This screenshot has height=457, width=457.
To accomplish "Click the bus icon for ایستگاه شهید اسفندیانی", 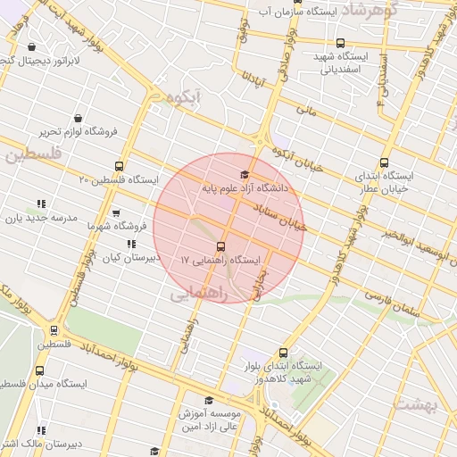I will [339, 42].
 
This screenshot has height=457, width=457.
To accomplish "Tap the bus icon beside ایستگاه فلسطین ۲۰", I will [120, 166].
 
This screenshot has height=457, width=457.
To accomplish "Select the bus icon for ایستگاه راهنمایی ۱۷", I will [220, 246].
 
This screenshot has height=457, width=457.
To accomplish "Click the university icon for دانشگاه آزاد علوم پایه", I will [245, 174].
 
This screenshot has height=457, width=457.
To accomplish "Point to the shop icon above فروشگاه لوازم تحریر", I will [79, 118].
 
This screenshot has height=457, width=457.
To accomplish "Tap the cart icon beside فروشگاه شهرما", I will [116, 213].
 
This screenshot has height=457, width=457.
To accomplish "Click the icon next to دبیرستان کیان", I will [131, 243].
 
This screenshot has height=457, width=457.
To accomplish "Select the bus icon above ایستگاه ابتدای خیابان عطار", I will [384, 162].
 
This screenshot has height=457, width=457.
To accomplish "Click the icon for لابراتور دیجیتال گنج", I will [32, 47].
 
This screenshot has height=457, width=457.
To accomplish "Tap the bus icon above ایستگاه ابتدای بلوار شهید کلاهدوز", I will [284, 352].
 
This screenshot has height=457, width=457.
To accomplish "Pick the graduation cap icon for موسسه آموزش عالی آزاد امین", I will [209, 401].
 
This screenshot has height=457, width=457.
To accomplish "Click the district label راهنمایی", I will [199, 291].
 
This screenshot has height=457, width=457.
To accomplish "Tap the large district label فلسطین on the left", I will [33, 155].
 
